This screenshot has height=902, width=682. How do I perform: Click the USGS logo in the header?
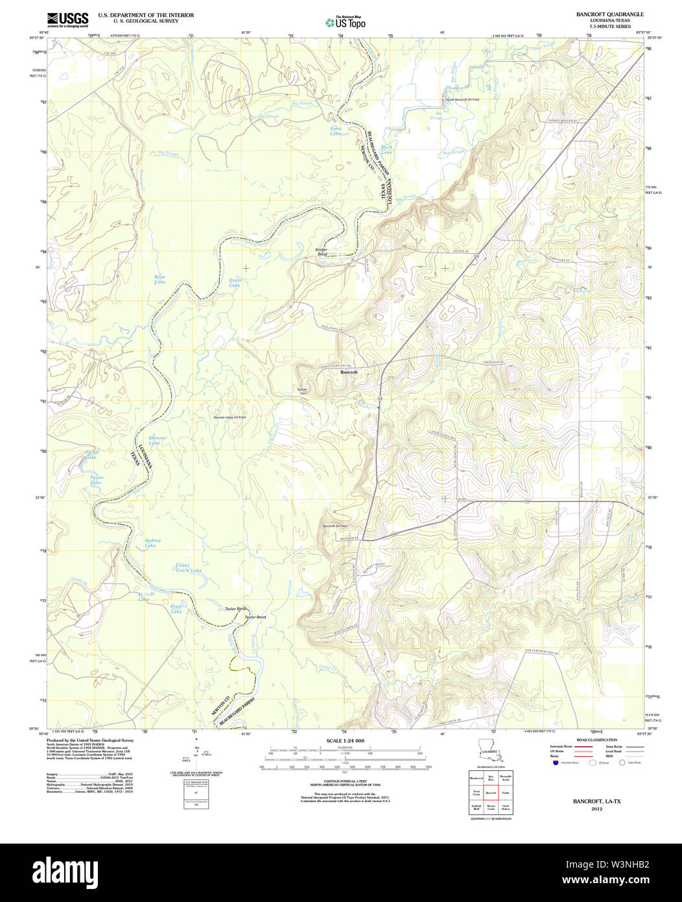click(67, 19)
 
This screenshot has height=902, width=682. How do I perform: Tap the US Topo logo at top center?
click(346, 23)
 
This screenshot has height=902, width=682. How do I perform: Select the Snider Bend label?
click(322, 252)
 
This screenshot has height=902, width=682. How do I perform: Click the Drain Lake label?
click(235, 283)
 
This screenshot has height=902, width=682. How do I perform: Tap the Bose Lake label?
click(159, 279)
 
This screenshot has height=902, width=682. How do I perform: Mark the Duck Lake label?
click(386, 150)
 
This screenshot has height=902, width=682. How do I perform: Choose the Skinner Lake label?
click(158, 440)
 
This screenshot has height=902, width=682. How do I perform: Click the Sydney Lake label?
click(152, 542)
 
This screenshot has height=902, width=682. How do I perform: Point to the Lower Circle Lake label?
click(188, 568)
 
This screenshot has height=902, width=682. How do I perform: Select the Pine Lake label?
click(176, 609)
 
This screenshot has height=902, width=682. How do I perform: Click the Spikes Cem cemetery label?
click(302, 391)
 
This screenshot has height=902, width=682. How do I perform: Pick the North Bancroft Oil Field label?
click(462, 99)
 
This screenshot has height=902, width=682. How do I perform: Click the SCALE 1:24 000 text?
click(345, 740)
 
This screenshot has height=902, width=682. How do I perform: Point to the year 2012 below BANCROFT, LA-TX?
click(596, 809)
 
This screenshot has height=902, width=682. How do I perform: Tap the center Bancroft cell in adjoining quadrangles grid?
click(491, 793)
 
